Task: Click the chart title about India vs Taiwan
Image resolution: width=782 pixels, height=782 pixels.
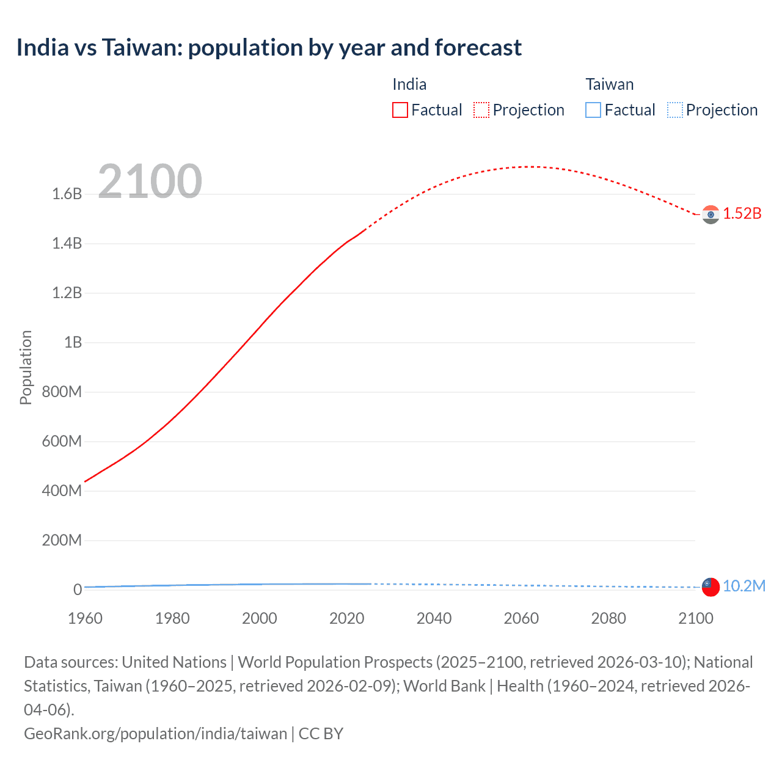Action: click(x=269, y=48)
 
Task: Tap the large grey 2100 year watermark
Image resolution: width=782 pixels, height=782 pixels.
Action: click(x=150, y=181)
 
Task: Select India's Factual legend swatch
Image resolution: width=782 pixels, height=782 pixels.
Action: click(x=400, y=110)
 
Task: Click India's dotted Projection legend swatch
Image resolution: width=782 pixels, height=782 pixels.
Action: click(x=481, y=110)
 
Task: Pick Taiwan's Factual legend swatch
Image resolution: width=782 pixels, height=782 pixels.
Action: click(x=593, y=110)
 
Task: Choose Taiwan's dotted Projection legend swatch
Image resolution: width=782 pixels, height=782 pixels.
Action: click(x=674, y=110)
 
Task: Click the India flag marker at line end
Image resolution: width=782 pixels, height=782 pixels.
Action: click(x=711, y=214)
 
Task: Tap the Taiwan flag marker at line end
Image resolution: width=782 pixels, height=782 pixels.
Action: click(x=711, y=586)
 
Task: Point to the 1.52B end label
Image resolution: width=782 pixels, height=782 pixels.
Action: click(x=742, y=214)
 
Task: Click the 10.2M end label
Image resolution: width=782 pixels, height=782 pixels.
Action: click(x=744, y=586)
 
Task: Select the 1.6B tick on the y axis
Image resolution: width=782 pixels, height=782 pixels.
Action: click(x=67, y=194)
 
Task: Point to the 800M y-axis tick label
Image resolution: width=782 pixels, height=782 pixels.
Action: click(x=62, y=392)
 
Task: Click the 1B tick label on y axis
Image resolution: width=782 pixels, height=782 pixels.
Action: click(x=73, y=343)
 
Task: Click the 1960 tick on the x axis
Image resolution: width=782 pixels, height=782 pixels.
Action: click(x=85, y=618)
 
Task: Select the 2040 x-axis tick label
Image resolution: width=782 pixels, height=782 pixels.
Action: click(x=434, y=618)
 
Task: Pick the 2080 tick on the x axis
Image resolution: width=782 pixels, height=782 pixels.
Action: click(x=608, y=618)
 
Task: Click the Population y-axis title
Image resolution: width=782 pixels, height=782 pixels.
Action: click(x=26, y=367)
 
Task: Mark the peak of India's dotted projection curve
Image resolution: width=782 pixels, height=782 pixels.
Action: click(x=530, y=167)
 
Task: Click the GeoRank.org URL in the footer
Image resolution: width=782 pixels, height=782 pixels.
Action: click(x=155, y=734)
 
